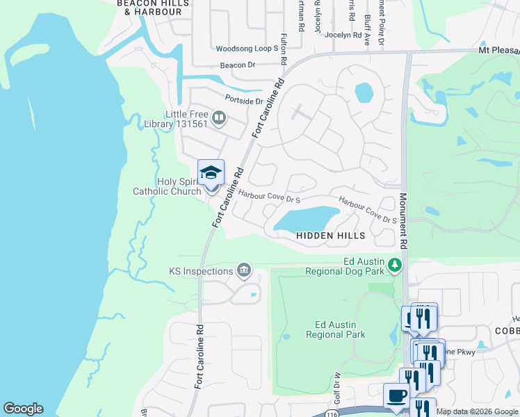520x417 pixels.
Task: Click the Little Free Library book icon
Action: click(x=219, y=117)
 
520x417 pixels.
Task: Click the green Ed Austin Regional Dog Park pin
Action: click(x=395, y=265)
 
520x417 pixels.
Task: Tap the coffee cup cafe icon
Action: click(x=396, y=395)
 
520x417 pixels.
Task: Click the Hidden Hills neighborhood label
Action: click(x=331, y=236)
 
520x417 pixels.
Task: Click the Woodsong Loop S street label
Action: click(x=247, y=49)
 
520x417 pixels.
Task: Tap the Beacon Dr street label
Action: click(x=238, y=65)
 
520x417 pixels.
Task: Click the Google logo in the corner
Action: click(x=23, y=409)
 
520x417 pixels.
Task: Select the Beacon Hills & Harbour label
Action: click(x=149, y=7)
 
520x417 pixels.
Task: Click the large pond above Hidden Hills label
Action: click(x=307, y=219)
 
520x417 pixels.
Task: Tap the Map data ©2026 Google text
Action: click(x=477, y=411)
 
